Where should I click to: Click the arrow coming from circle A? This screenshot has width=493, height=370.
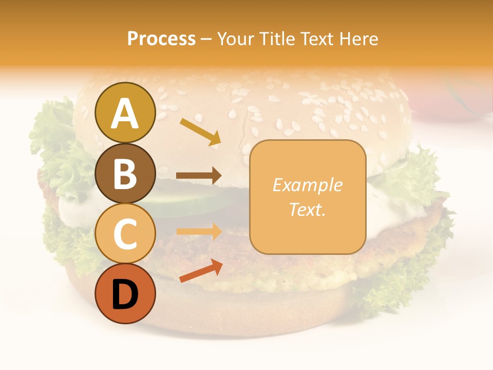point(200,131)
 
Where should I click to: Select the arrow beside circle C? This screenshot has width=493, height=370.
point(199,231)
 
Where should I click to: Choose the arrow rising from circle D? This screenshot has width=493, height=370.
point(201,271)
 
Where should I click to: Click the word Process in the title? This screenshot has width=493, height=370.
point(161,39)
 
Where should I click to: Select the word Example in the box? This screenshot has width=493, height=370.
point(307,185)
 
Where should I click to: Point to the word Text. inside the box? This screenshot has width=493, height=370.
point(307,210)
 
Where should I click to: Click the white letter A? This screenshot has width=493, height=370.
point(125,113)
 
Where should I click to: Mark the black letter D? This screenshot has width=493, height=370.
point(125,295)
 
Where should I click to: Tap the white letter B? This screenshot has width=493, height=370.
point(125,174)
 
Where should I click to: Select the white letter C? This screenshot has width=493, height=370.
point(125,234)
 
